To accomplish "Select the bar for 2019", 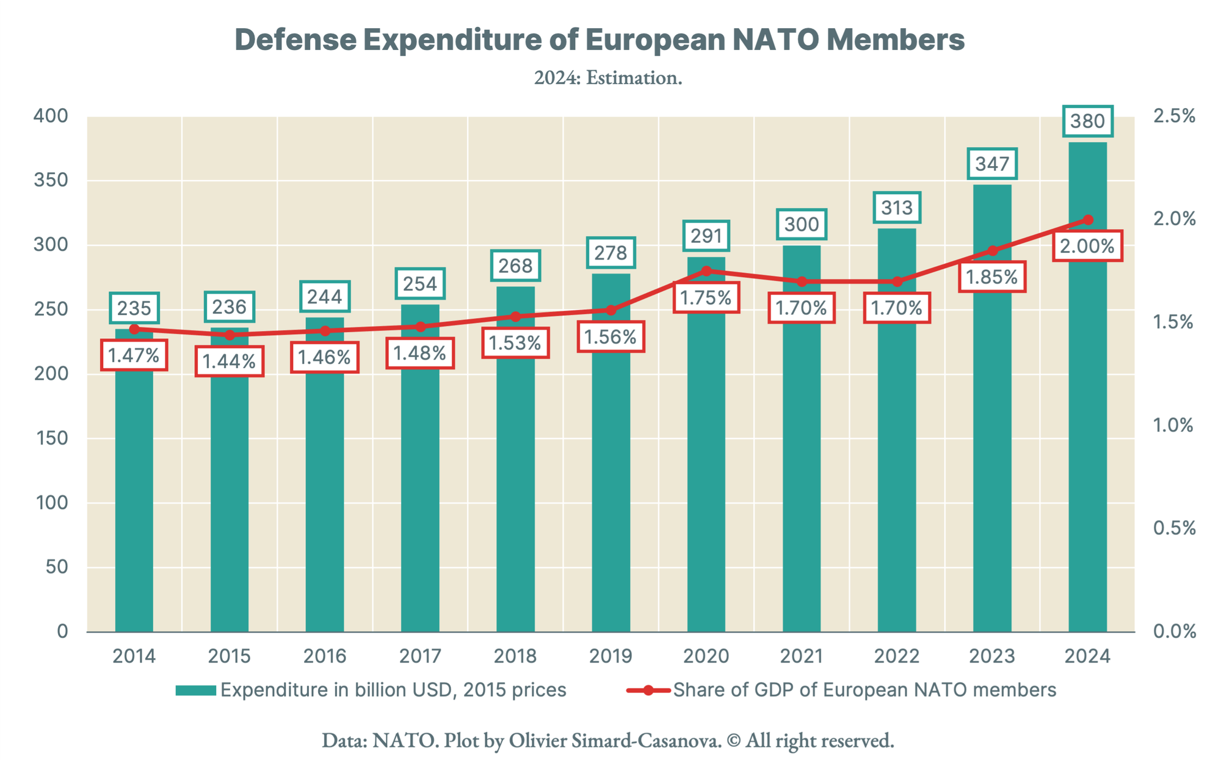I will click(x=611, y=488).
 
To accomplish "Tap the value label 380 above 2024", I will click(x=1087, y=121).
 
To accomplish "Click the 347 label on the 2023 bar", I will click(x=992, y=164).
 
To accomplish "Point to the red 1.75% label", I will click(x=706, y=298).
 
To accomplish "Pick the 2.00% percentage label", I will click(x=1087, y=246).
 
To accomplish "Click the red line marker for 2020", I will click(x=706, y=270).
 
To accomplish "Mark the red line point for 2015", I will click(x=230, y=335).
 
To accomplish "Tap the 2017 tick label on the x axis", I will click(x=420, y=656).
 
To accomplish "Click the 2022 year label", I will click(x=897, y=656).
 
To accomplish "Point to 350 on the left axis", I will click(x=51, y=180).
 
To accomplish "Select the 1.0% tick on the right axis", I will click(x=1173, y=425).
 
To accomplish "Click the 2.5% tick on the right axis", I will click(x=1173, y=116).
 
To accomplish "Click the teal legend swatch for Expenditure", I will click(x=195, y=691).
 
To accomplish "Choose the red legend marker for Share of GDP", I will click(x=648, y=691).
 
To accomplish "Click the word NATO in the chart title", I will click(x=775, y=40).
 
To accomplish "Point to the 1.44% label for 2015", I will click(x=230, y=361).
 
